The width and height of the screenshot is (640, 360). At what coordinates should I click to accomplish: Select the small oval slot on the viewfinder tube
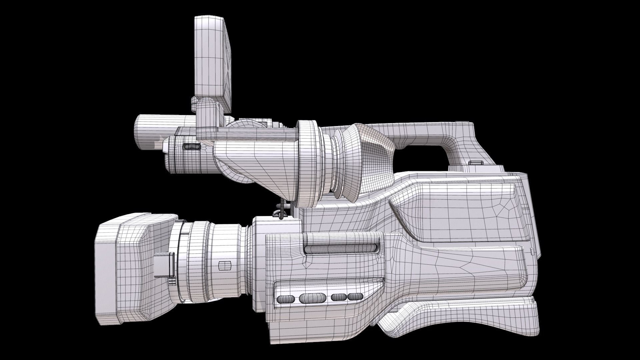[x=192, y=146]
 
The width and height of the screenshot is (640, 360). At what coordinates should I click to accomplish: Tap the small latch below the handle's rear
[x=476, y=163]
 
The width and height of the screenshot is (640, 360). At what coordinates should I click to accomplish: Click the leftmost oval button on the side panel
[x=286, y=299]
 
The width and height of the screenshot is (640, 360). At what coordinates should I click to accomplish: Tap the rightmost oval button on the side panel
[x=355, y=296]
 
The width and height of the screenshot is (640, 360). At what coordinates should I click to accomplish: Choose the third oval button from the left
[x=339, y=297]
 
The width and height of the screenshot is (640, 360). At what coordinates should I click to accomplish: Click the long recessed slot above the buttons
[x=342, y=248]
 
